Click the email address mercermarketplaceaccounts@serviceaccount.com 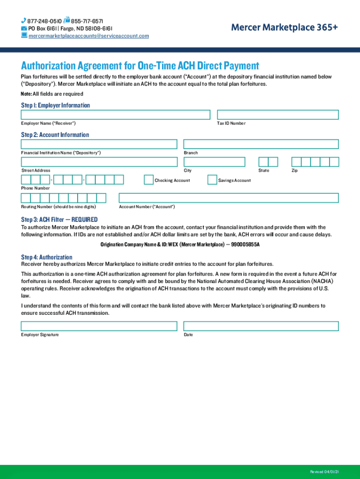pos(89,36)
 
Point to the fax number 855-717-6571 pos(87,22)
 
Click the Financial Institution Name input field pos(99,144)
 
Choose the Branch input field pos(261,144)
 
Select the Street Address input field pos(99,162)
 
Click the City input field pos(214,162)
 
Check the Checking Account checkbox pos(149,180)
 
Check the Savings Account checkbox pos(212,180)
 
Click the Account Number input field pos(229,198)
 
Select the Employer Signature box pos(99,326)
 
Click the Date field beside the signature pos(261,326)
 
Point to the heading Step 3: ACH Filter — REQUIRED pos(59,219)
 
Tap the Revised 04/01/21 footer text pos(324,471)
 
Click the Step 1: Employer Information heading pos(55,105)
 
